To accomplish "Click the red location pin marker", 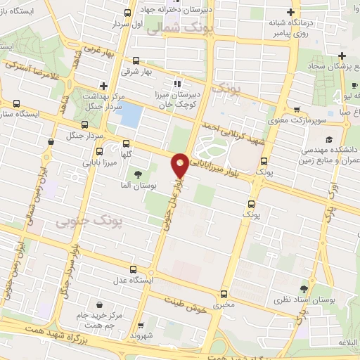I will click(180, 165).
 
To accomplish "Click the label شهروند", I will click(141, 336).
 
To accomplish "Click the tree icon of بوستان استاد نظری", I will click(304, 288).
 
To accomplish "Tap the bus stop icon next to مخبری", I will click(224, 294).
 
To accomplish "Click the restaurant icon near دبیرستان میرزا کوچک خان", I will click(167, 84).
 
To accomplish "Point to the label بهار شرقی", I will click(135, 71).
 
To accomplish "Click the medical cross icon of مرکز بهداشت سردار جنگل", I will click(103, 85).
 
